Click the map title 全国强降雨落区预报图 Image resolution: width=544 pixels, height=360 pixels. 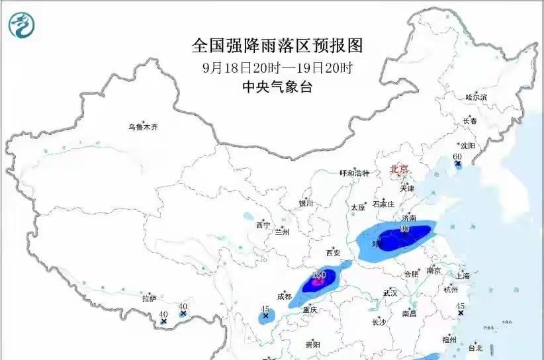(x=278, y=45)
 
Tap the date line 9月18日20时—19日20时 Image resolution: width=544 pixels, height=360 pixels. (x=278, y=67)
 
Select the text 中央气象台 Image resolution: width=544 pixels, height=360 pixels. (x=278, y=87)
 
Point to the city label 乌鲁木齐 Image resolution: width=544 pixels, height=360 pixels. (x=144, y=126)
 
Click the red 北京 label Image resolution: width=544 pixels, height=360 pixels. (x=402, y=169)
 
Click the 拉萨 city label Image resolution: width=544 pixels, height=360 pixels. (x=149, y=298)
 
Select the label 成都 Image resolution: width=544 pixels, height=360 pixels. (x=285, y=297)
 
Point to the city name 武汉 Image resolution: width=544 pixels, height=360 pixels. (x=390, y=292)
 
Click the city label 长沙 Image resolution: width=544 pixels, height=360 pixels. (x=379, y=322)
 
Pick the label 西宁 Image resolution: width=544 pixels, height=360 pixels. (x=263, y=225)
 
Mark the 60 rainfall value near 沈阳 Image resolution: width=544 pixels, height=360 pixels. (x=457, y=156)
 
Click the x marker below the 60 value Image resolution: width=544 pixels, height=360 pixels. (x=457, y=163)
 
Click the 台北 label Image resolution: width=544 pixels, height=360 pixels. (x=475, y=347)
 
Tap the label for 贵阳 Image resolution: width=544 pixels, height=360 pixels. (x=312, y=345)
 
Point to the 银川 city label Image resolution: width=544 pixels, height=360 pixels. (x=305, y=204)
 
